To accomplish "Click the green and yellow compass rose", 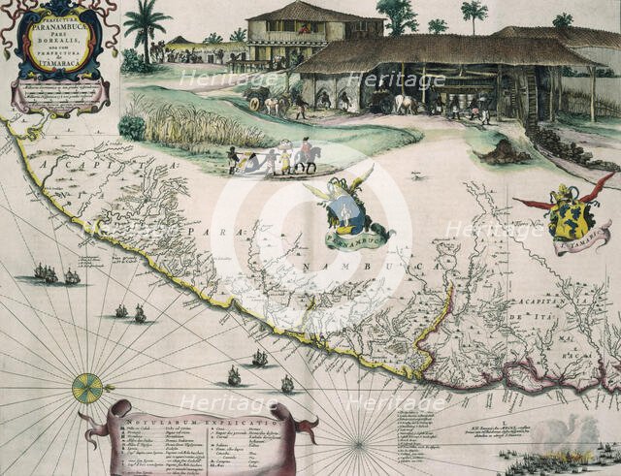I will click(87, 388).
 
